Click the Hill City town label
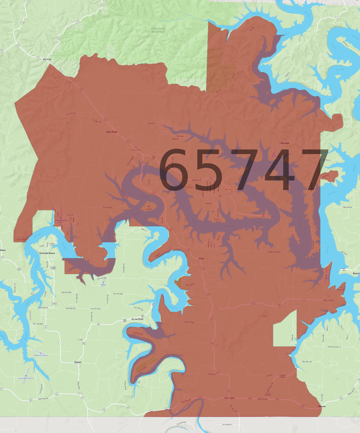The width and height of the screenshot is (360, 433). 47,59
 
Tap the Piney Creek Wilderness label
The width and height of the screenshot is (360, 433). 158,30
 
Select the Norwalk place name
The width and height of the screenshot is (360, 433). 285,143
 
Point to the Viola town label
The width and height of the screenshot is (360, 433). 201,259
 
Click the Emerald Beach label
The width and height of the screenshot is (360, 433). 47,253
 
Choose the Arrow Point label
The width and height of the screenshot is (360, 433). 137,319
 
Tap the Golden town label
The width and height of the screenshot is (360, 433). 78,362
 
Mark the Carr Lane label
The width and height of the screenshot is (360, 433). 229,398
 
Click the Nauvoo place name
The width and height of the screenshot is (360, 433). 322,406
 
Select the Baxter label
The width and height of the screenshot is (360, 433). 356,273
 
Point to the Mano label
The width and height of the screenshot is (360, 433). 3,250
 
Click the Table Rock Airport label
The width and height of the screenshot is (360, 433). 41,355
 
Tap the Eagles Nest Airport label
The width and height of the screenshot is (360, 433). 26,378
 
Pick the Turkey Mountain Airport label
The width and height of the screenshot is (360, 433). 61,221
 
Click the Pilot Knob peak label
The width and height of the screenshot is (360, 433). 263,316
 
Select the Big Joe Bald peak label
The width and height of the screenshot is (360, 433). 341,289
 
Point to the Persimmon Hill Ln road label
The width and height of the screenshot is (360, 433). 334,347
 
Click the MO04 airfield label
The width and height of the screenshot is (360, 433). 103,285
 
